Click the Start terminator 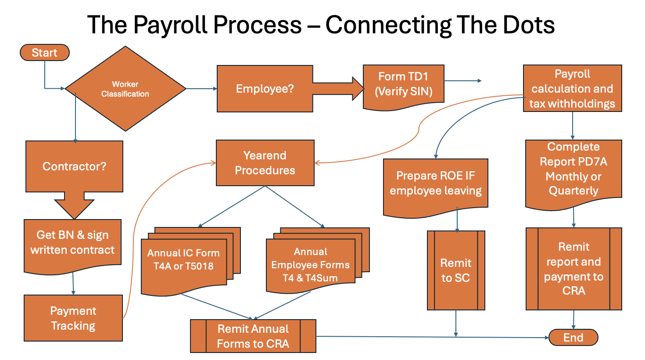click(x=44, y=53)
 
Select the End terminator click(x=573, y=338)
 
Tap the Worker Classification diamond click(x=125, y=89)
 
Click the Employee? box click(x=265, y=89)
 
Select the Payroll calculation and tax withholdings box click(x=572, y=88)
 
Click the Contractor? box click(x=74, y=166)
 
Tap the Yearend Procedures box click(x=265, y=163)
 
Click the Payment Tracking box click(x=73, y=318)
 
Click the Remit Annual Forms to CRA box click(x=253, y=336)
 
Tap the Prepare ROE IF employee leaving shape click(x=435, y=184)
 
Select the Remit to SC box click(x=456, y=270)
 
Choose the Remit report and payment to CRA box click(x=573, y=269)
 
